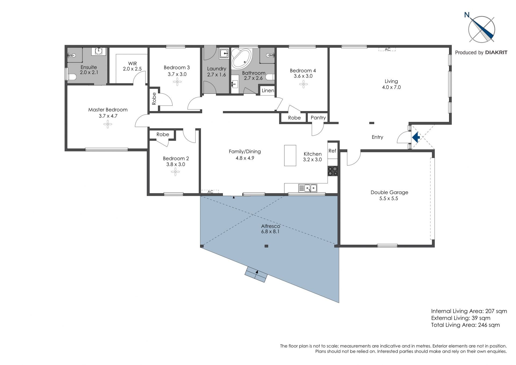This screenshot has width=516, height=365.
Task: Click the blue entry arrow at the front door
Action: click(416, 137)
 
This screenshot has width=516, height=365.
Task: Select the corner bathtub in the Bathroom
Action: click(241, 58)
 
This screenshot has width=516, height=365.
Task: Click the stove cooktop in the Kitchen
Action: click(332, 171)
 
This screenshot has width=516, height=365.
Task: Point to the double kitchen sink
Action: click(308, 188)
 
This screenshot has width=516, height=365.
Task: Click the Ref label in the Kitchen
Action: click(332, 151)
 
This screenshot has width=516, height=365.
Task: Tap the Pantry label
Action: click(318, 118)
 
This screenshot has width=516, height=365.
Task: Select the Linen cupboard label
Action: click(268, 90)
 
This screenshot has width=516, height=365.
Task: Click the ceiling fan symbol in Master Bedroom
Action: click(107, 124)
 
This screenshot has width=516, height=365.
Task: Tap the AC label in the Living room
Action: click(388, 49)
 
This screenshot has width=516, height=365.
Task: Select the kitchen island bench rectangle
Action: click(290, 155)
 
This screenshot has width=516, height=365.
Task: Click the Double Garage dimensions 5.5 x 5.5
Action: click(389, 199)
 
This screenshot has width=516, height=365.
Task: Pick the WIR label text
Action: click(132, 63)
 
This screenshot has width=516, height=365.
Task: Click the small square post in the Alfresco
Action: click(266, 246)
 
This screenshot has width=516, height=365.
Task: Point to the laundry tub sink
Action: click(224, 53)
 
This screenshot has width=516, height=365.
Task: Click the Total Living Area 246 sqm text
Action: click(465, 325)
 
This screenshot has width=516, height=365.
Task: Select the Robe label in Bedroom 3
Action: click(154, 99)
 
